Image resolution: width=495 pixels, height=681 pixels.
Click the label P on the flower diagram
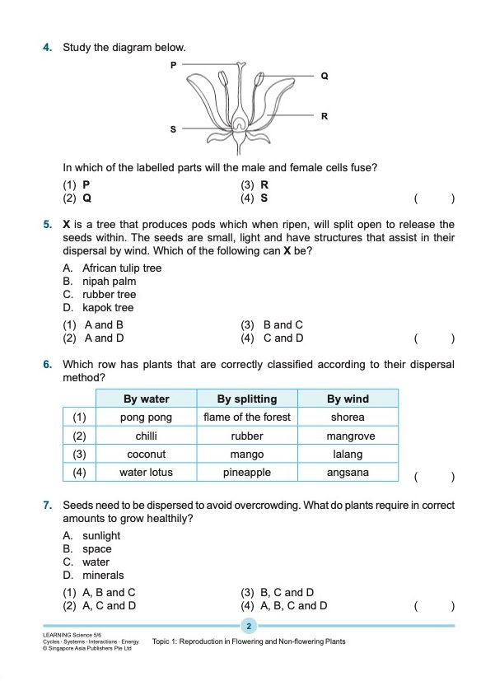173,63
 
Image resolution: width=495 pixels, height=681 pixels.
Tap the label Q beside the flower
325,76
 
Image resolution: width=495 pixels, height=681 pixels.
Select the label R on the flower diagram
325,116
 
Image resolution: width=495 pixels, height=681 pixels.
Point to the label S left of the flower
173,129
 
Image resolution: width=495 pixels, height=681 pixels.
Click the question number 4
48,47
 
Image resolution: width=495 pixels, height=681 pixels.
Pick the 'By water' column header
146,399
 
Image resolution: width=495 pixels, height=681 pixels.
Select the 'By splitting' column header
247,399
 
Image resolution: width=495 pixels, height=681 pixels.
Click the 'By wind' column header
348,399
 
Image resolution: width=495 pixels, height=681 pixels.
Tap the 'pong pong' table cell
146,417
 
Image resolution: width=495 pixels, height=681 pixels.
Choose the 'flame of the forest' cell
247,417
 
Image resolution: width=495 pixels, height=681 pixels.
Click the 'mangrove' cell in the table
348,436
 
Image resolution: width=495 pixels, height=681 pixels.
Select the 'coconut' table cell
146,455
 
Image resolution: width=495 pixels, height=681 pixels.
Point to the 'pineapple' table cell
247,473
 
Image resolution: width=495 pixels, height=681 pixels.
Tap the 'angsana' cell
348,473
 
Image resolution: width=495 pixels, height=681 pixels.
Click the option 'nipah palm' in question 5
109,281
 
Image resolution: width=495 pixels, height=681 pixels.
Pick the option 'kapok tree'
107,307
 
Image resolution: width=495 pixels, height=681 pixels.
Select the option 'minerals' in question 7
103,575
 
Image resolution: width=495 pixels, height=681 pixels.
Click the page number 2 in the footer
248,627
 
